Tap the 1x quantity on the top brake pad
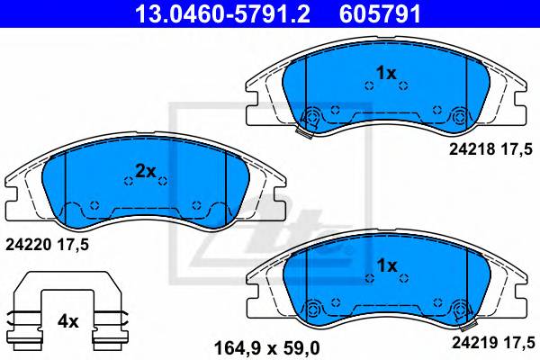tap(385, 72)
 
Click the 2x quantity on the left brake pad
tap(146, 170)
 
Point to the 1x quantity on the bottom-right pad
tap(385, 265)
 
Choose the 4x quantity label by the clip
tap(69, 319)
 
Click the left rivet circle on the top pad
tap(313, 116)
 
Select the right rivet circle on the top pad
tap(460, 116)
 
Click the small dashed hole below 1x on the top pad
tap(369, 86)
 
